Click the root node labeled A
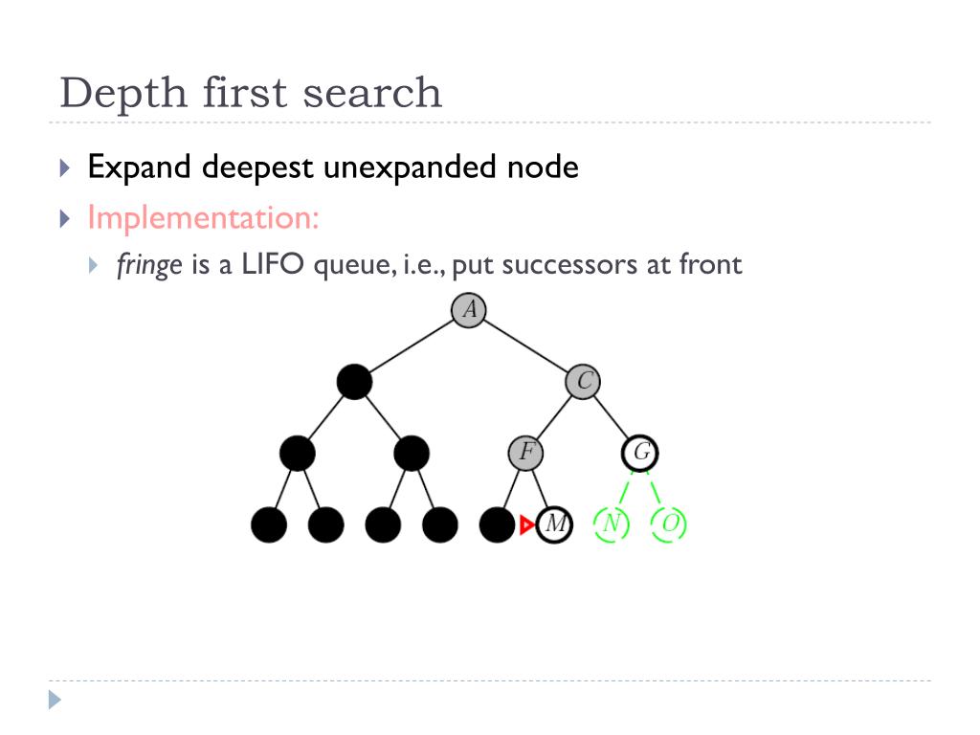pyautogui.click(x=469, y=310)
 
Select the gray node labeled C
pyautogui.click(x=583, y=381)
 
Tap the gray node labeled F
pyautogui.click(x=525, y=453)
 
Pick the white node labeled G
pyautogui.click(x=640, y=453)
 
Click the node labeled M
pyautogui.click(x=554, y=523)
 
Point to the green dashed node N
pyautogui.click(x=612, y=523)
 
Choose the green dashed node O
pyautogui.click(x=669, y=523)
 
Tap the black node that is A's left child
pyautogui.click(x=354, y=381)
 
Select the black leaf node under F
pyautogui.click(x=497, y=524)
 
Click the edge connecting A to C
pyautogui.click(x=525, y=345)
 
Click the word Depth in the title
pyautogui.click(x=123, y=93)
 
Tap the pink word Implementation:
pyautogui.click(x=203, y=219)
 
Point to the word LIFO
pyautogui.click(x=273, y=264)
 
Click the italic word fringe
pyautogui.click(x=149, y=265)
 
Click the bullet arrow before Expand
pyautogui.click(x=64, y=167)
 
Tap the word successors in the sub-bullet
pyautogui.click(x=569, y=265)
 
